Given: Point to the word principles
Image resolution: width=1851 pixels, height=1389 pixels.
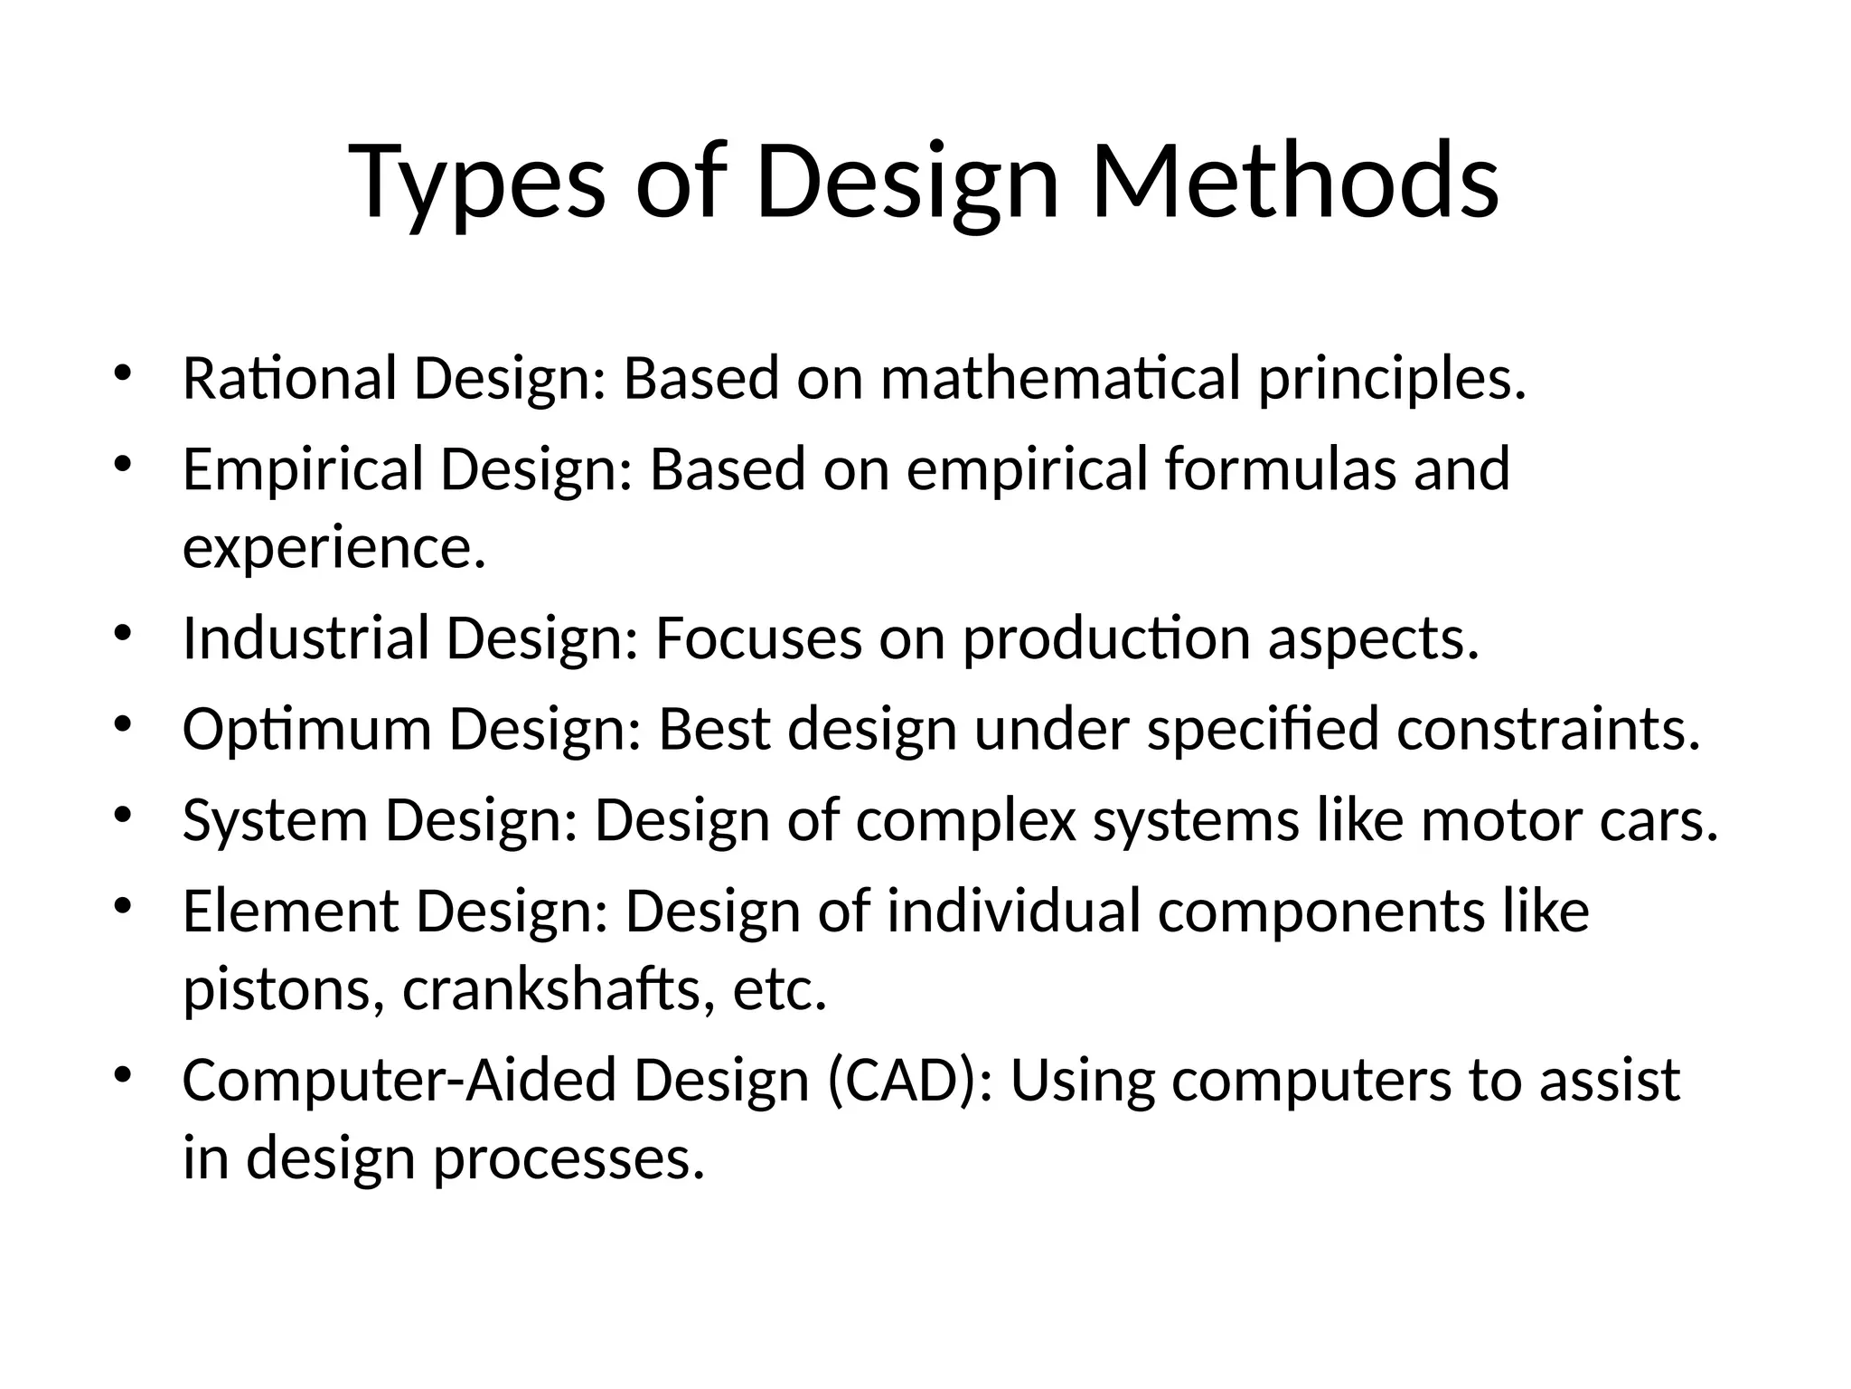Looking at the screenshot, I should (x=1392, y=380).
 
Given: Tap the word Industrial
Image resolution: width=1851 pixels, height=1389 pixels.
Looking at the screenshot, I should (x=305, y=638).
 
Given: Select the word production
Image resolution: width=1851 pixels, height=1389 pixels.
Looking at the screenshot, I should (x=1106, y=639).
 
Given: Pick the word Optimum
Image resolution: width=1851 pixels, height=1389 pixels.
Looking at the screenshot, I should (x=306, y=730).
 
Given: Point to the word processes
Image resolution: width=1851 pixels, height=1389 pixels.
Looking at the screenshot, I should (x=568, y=1159).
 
